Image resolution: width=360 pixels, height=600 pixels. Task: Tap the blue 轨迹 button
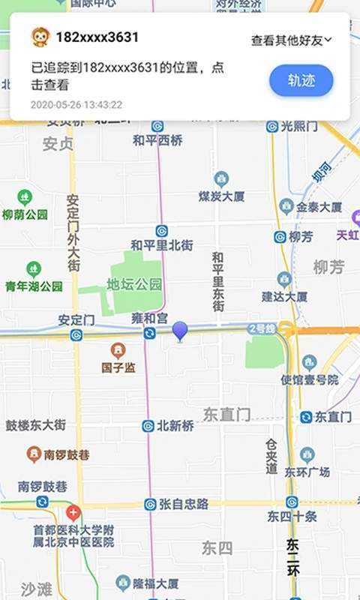[x=301, y=80]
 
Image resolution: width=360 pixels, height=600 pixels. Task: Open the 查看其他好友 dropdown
[x=292, y=40]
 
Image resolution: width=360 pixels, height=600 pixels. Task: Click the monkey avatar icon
[x=40, y=37]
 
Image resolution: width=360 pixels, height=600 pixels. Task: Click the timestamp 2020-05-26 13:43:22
[x=76, y=105]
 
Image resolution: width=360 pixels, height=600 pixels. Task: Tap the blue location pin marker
[x=180, y=330]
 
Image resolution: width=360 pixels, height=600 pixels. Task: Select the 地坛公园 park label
[x=134, y=284]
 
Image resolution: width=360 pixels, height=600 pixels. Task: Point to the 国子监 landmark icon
[x=118, y=350]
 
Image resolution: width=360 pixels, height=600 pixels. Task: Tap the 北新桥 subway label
[x=175, y=425]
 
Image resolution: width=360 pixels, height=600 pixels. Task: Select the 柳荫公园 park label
[x=25, y=214]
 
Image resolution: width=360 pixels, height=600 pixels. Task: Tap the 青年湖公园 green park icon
[x=34, y=269]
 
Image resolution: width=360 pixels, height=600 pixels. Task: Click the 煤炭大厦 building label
[x=221, y=196]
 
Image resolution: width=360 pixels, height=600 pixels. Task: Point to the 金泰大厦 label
[x=319, y=206]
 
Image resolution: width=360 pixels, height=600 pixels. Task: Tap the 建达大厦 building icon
[x=284, y=279]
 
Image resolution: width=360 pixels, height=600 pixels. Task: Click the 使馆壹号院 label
[x=309, y=380]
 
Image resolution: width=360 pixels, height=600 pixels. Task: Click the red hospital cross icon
[x=73, y=513]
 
